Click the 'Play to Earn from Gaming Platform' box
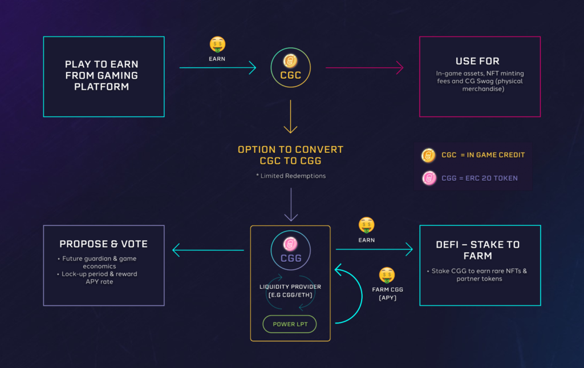coord(103,76)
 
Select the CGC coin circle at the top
coord(290,67)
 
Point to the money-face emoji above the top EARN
coord(217,45)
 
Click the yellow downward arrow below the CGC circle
coord(291,117)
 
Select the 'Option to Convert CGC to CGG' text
coord(291,155)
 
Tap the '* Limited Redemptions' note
coord(291,176)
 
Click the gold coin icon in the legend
coord(428,155)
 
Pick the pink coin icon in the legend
coord(428,178)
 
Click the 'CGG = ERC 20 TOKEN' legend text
coord(479,178)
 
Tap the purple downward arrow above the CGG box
coord(291,205)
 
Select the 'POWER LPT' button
coord(290,324)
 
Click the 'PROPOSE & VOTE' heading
coord(103,244)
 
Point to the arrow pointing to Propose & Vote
coord(208,250)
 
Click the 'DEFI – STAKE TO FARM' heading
coord(480,250)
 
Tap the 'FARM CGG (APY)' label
coord(388,293)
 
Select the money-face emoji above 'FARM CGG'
coord(387,275)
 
